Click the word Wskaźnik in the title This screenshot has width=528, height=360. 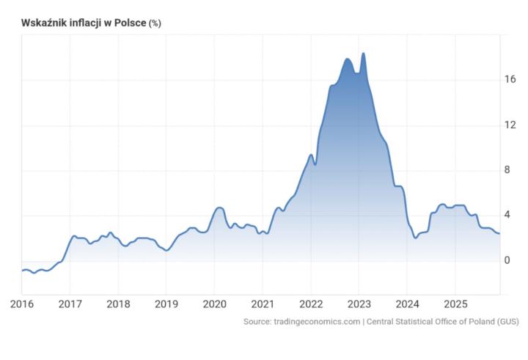click(43, 23)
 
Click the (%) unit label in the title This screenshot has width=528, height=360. click(155, 23)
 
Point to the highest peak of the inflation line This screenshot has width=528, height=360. click(363, 54)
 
